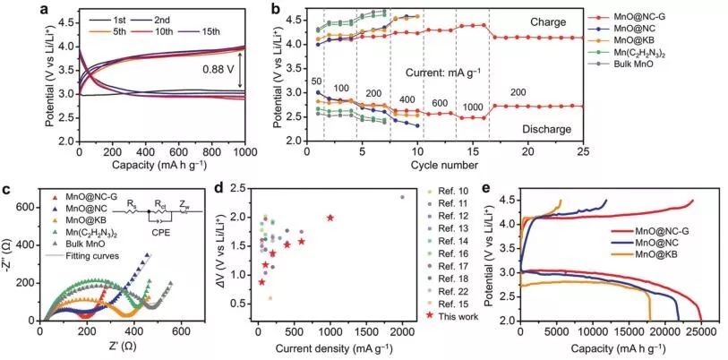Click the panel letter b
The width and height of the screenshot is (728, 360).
click(276, 10)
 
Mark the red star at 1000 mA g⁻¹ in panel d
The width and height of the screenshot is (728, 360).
click(330, 218)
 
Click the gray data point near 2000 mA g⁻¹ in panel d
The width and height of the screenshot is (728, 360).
click(402, 197)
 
